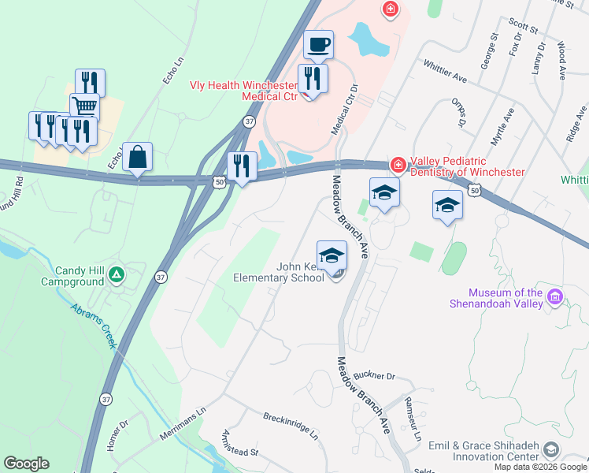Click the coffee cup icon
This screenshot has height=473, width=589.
(318, 45)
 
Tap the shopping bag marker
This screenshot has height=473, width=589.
(138, 157)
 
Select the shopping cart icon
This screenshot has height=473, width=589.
(84, 106)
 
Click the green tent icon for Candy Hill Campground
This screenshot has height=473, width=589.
(117, 274)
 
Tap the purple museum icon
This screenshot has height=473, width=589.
(556, 296)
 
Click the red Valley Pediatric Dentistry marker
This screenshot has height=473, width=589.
(398, 165)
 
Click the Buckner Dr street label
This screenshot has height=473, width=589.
(374, 376)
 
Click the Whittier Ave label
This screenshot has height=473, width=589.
(445, 73)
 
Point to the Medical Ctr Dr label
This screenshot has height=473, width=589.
(343, 110)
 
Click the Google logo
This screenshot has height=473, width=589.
(26, 464)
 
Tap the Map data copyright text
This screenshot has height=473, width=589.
(541, 467)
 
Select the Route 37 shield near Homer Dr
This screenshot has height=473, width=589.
(106, 400)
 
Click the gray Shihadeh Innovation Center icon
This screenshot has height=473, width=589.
(551, 449)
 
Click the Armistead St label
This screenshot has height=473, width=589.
(240, 443)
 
